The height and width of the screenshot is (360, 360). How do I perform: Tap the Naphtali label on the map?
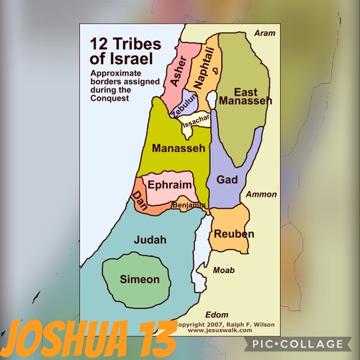click(204, 69)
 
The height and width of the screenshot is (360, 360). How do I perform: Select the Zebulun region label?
click(184, 109)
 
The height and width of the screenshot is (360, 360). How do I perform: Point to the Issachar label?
click(196, 123)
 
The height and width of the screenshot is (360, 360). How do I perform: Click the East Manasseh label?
click(245, 97)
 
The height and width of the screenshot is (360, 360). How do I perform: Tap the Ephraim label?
click(169, 185)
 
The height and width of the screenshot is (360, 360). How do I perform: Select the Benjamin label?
click(188, 206)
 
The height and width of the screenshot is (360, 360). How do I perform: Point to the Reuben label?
click(234, 234)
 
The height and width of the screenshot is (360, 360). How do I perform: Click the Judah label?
click(150, 240)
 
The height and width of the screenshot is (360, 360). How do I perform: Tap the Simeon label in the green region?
click(139, 279)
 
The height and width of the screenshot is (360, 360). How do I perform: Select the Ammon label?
click(261, 194)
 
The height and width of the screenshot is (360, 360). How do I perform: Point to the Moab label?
click(223, 270)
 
